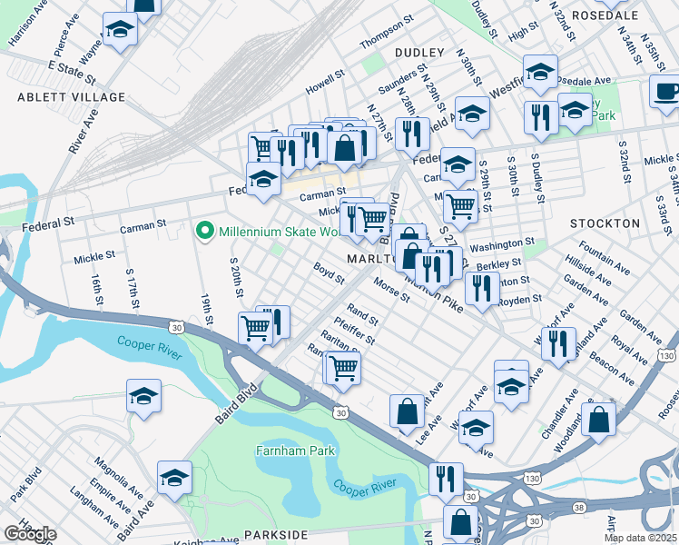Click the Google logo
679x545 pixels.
pos(29,534)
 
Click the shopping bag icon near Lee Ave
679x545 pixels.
pos(407,411)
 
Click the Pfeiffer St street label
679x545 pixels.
pos(354,330)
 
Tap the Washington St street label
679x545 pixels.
pos(502,244)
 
